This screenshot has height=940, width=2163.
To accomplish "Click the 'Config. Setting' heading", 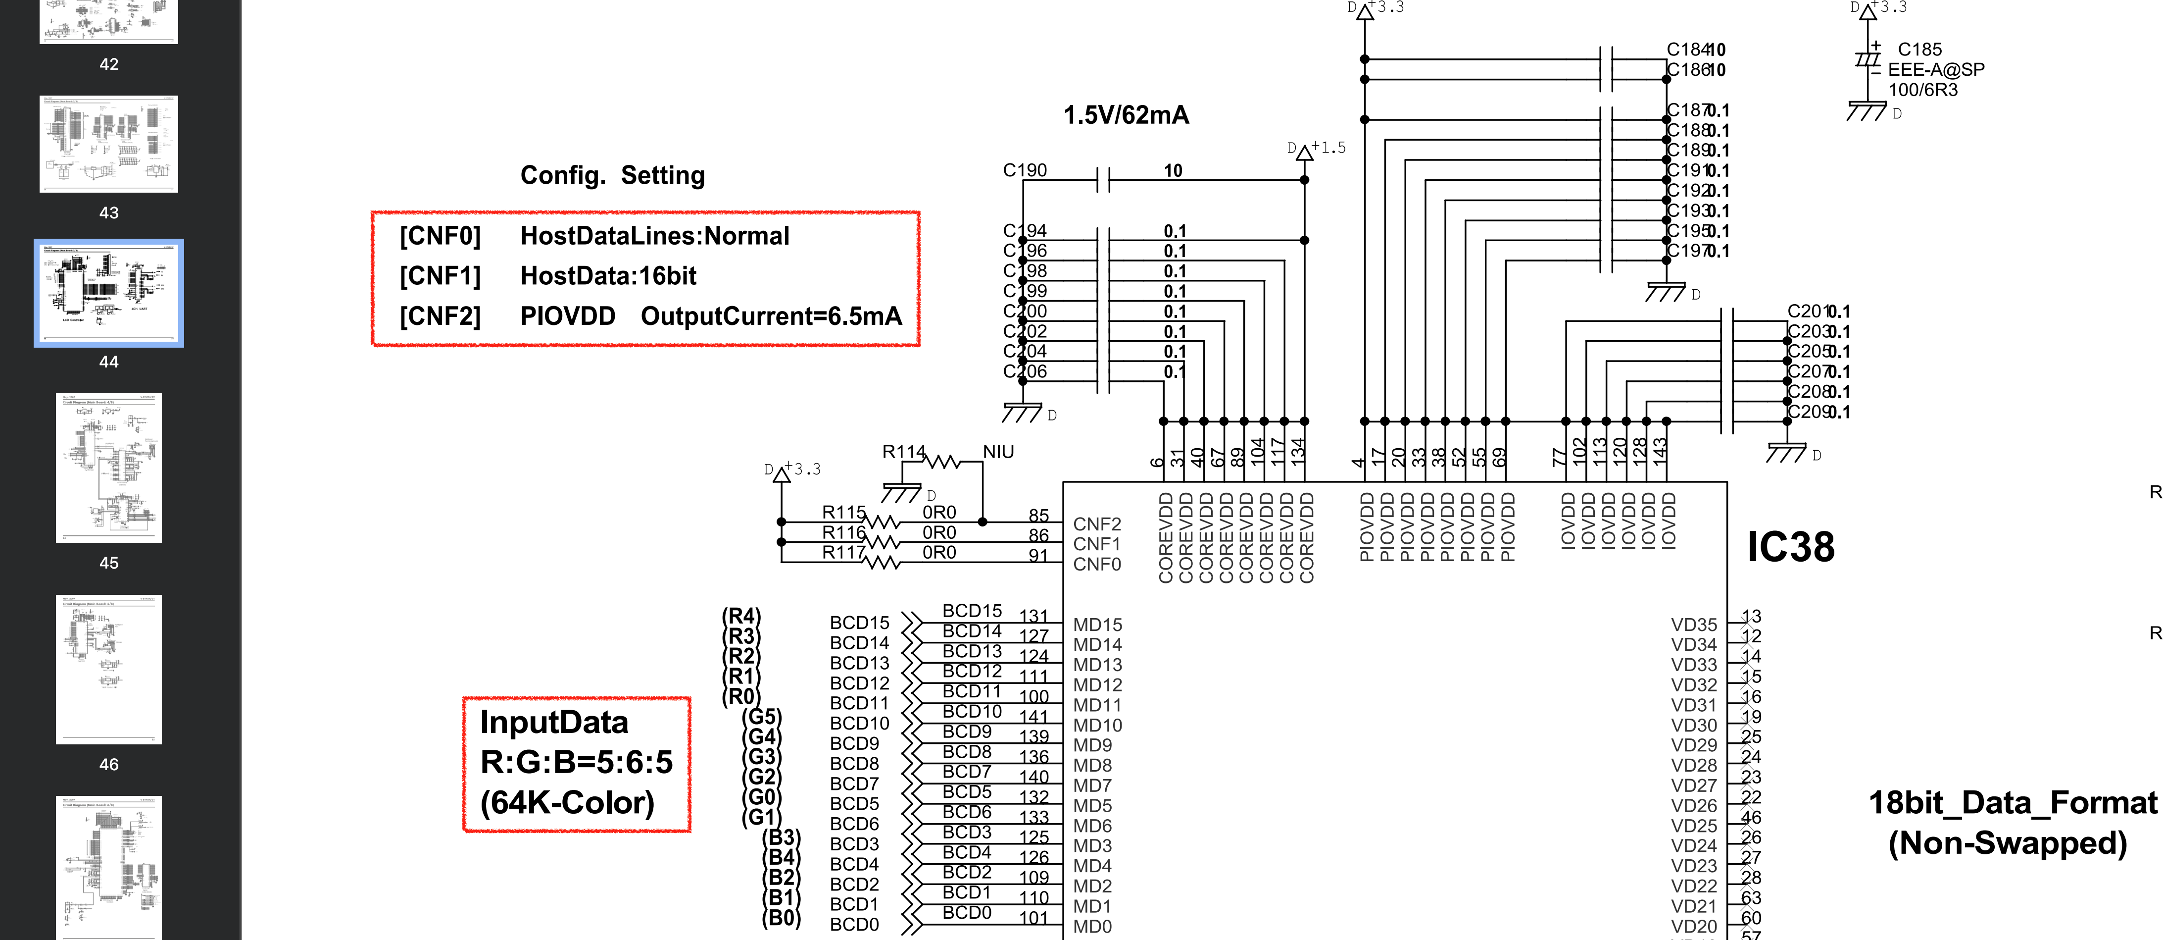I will tap(612, 175).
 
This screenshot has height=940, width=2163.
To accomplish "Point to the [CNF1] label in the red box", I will tap(440, 276).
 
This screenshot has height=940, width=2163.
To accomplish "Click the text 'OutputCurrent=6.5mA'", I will tap(771, 316).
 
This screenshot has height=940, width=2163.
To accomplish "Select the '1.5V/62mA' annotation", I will tap(1126, 115).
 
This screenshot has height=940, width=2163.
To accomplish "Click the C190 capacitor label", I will tap(1025, 170).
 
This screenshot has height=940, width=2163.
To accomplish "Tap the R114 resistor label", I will tap(903, 452).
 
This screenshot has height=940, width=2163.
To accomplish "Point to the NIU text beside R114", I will tap(998, 452).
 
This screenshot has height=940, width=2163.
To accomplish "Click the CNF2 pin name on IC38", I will tap(1097, 524).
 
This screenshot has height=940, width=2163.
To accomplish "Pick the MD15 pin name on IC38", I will tap(1097, 625).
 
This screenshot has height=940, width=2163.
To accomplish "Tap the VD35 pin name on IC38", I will tap(1694, 625).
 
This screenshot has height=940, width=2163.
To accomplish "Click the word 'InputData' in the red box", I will tap(554, 723).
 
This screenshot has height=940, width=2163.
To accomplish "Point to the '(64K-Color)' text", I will tap(567, 803).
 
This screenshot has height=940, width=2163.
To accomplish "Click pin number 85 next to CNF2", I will tap(1038, 516).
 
